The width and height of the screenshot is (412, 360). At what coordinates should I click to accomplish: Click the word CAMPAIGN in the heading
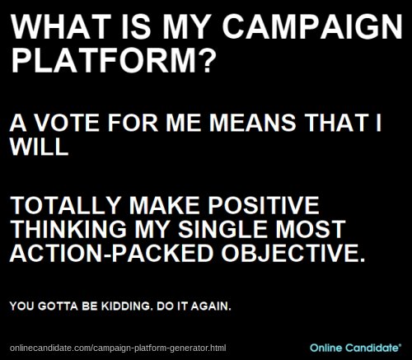(x=312, y=26)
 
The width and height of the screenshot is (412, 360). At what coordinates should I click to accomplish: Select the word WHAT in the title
(x=61, y=26)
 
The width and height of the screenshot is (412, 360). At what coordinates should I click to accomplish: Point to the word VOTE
(x=68, y=123)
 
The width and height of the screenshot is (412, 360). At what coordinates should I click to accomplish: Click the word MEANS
(x=253, y=123)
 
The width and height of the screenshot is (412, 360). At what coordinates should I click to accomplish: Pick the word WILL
(x=39, y=147)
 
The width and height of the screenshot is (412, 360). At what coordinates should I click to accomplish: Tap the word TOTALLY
(x=66, y=205)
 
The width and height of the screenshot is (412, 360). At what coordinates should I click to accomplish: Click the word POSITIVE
(x=264, y=205)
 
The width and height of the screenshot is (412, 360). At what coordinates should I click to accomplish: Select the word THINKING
(x=68, y=229)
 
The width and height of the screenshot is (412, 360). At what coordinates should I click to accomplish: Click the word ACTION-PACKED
(x=112, y=253)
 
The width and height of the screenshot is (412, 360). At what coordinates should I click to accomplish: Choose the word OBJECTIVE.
(x=293, y=253)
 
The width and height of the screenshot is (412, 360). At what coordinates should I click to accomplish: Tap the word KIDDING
(x=127, y=306)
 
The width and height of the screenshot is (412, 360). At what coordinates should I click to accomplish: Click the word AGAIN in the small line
(x=211, y=306)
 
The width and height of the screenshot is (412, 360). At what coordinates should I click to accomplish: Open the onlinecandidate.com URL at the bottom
(x=118, y=348)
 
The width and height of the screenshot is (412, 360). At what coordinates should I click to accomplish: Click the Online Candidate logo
(x=356, y=348)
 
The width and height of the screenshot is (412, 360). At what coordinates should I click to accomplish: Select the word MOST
(x=311, y=229)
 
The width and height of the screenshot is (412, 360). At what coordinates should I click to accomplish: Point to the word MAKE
(x=164, y=205)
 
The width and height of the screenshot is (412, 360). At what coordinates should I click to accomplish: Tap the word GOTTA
(x=58, y=306)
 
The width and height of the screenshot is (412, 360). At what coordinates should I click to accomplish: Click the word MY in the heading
(x=186, y=26)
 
